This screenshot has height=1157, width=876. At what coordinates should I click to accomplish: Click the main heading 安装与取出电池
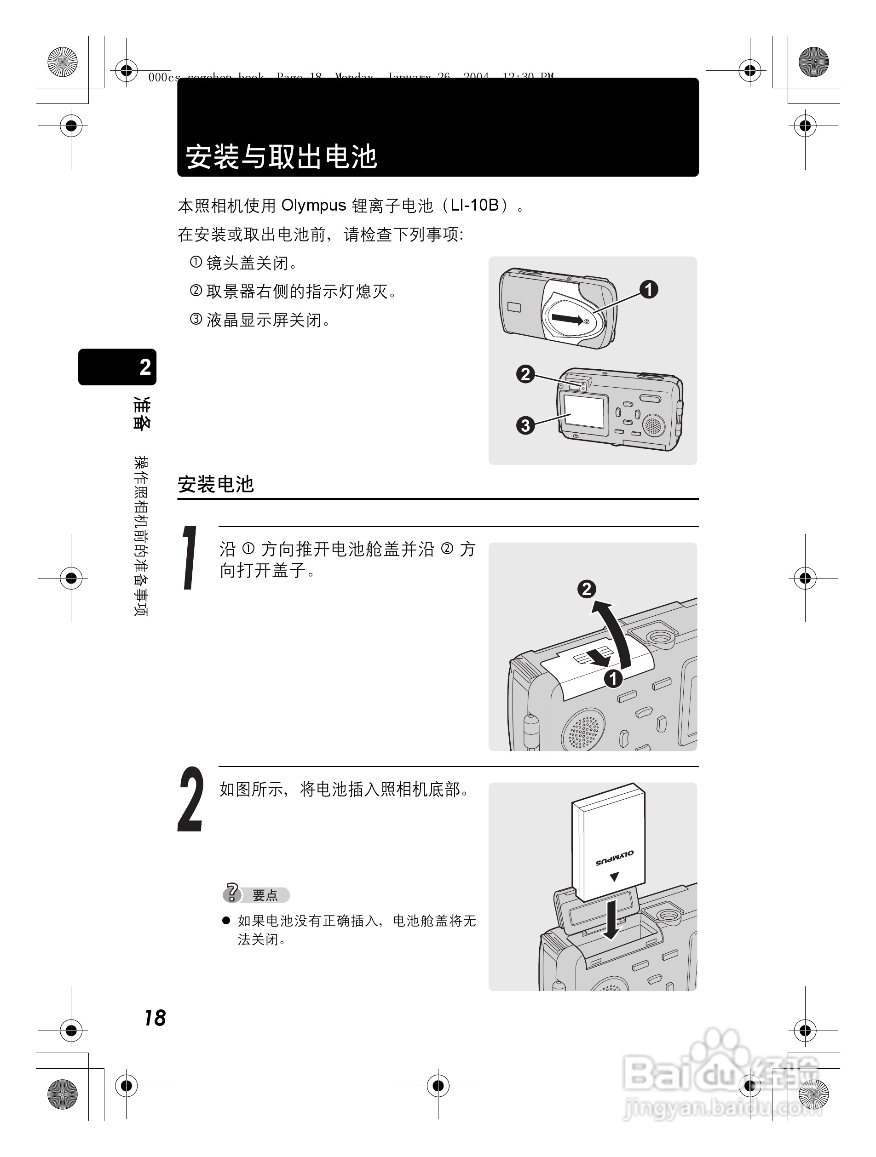click(x=281, y=156)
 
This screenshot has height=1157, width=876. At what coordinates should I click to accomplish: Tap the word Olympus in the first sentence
click(x=313, y=206)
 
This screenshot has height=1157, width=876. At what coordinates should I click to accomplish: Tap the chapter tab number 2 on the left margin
click(x=145, y=367)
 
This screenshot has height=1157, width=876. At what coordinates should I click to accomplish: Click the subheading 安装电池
click(x=216, y=484)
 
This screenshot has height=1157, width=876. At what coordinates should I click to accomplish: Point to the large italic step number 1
click(x=190, y=558)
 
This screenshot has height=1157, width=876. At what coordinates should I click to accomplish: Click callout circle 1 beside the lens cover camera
click(x=649, y=289)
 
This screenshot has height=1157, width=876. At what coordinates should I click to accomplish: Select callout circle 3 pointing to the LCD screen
click(x=525, y=425)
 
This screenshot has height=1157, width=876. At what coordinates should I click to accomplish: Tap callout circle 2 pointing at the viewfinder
click(x=525, y=374)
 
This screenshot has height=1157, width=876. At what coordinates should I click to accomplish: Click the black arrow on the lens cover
click(x=568, y=319)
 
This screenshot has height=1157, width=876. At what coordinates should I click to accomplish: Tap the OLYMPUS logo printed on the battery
click(x=614, y=858)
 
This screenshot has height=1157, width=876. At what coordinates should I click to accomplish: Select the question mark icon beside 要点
click(x=232, y=893)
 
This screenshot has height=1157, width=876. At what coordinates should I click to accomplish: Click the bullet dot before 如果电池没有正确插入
click(x=226, y=921)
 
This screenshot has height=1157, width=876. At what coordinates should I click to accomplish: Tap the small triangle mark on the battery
click(x=614, y=876)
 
